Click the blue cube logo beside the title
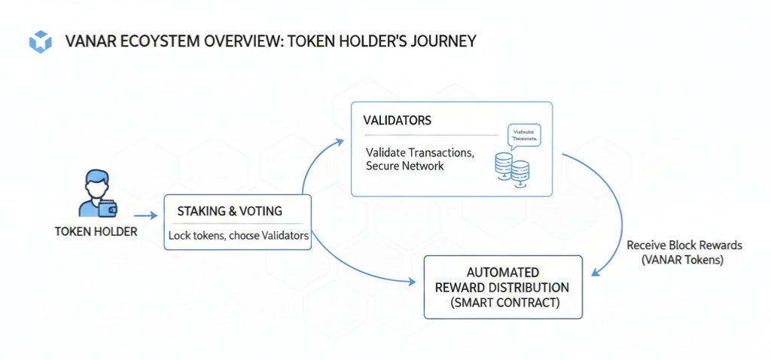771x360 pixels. (38, 41)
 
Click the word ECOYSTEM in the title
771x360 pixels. (154, 41)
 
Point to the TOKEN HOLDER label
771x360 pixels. (96, 231)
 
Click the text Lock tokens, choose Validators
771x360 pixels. (239, 236)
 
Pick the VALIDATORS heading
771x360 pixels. (397, 121)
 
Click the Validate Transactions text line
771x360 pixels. (419, 152)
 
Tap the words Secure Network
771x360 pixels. (404, 166)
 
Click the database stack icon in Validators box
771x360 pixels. (511, 167)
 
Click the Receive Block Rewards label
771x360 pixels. (684, 246)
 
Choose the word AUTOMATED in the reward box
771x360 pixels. (502, 273)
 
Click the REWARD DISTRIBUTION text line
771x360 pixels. (502, 288)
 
